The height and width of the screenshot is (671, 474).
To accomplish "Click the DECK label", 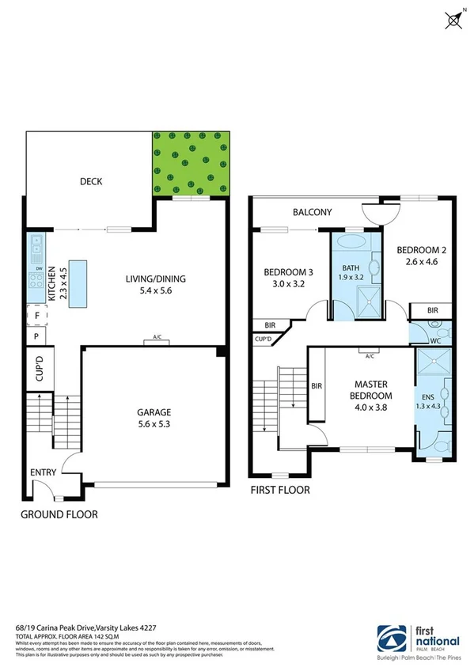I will [x=91, y=182].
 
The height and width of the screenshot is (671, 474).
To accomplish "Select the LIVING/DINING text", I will [x=148, y=279].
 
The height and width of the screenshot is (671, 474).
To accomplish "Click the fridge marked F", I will [x=36, y=315].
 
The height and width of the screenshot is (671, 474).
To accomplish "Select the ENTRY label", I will [x=43, y=472].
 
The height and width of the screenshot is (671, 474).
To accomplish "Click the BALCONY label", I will [x=312, y=213].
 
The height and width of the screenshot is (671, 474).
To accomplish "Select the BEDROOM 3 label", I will [x=288, y=273].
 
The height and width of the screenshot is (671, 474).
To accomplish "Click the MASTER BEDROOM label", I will [x=372, y=389].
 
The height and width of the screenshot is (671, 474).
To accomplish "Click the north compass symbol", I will [x=454, y=19].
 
